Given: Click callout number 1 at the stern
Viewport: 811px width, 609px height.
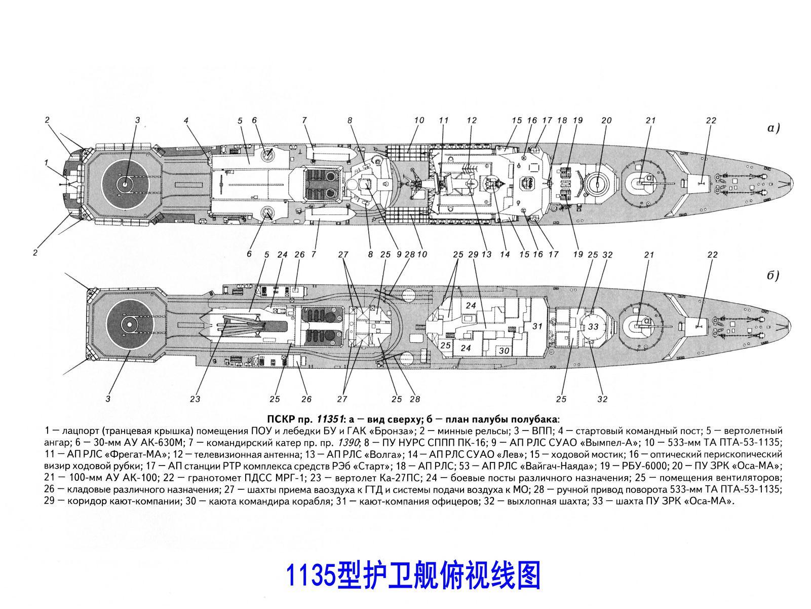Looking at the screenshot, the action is click(x=46, y=163).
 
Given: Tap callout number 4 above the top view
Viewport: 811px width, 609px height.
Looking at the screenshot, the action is click(x=186, y=121).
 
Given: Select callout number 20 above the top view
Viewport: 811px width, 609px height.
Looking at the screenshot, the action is click(x=606, y=121).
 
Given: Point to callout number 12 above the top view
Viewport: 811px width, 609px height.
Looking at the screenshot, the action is click(x=472, y=121).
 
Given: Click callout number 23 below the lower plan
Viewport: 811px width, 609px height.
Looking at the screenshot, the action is click(x=195, y=399).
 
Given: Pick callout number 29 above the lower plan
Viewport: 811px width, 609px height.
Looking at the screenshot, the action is click(x=474, y=255).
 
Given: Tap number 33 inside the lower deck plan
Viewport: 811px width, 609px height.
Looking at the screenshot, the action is click(x=593, y=327).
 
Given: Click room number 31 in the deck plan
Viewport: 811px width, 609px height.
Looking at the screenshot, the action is click(x=537, y=326).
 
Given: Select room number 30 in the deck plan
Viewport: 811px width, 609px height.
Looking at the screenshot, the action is click(x=504, y=350).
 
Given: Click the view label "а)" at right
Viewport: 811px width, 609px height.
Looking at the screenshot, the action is click(x=772, y=128).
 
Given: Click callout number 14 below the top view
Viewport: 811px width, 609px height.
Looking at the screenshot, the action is click(x=505, y=255).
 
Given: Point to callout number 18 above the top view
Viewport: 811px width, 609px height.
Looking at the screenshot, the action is click(x=562, y=121).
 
